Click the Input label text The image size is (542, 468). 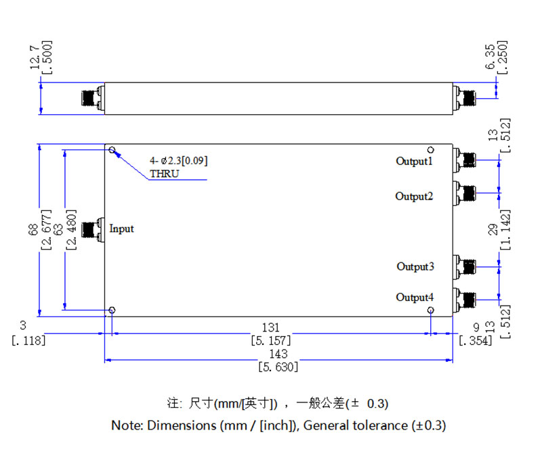(122, 229)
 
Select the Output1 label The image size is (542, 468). (414, 161)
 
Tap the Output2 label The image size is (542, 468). (414, 196)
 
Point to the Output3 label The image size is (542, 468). (415, 266)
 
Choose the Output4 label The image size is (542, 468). (415, 298)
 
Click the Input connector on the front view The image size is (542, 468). (92, 229)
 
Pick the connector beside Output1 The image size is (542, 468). (465, 160)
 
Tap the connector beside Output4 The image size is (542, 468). (465, 298)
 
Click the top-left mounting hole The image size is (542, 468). (112, 151)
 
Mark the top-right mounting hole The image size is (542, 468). (430, 150)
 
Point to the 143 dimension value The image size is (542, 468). (278, 354)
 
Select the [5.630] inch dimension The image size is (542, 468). (278, 367)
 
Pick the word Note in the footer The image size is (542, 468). (125, 425)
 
